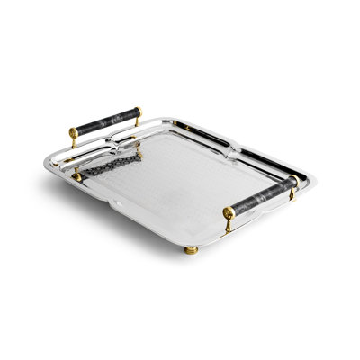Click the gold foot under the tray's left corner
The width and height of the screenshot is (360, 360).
(72, 174)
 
